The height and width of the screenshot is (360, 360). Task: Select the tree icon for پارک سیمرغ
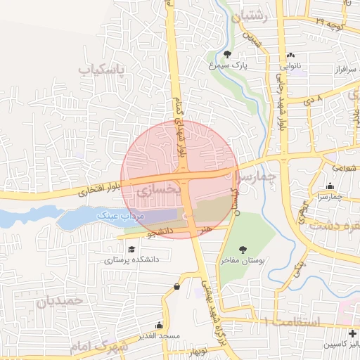227,54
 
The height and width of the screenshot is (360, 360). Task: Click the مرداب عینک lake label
125,217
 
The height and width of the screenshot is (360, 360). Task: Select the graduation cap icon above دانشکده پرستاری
131,248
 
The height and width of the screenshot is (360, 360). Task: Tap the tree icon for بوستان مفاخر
243,250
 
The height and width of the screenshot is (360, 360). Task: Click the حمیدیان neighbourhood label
59,301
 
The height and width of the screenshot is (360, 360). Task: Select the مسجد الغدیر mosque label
160,336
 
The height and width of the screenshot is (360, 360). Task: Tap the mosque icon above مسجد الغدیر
159,325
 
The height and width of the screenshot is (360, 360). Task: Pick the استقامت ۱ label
290,321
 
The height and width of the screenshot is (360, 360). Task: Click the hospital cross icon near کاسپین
352,333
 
